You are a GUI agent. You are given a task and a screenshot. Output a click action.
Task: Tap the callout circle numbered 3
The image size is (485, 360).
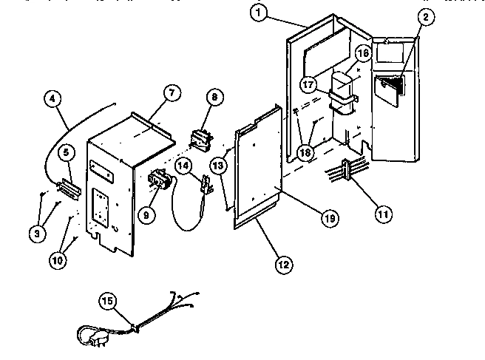pyautogui.click(x=35, y=233)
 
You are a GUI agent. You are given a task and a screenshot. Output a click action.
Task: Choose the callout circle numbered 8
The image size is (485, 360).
pyautogui.click(x=214, y=96)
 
